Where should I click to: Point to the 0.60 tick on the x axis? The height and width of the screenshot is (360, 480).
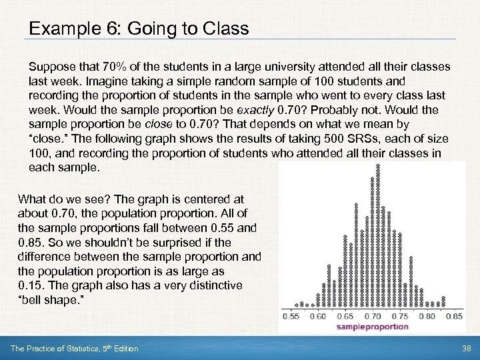(318, 316)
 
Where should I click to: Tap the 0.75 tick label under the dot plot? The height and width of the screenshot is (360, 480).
(400, 316)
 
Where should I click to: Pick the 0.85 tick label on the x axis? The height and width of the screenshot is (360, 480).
(454, 316)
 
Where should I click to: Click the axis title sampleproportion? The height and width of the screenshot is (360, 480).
(373, 327)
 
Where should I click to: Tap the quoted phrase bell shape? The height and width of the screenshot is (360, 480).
(47, 299)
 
